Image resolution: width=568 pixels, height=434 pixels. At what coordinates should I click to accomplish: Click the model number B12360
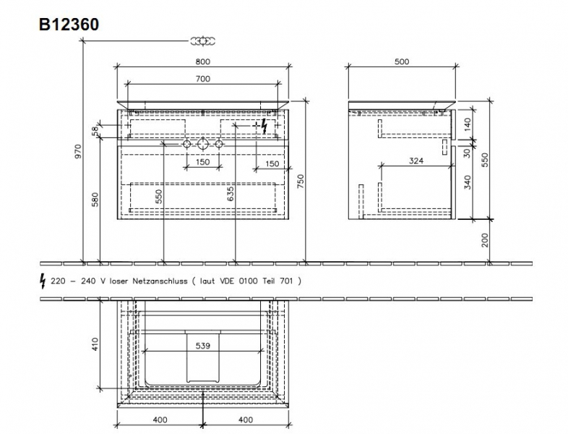[x=69, y=25]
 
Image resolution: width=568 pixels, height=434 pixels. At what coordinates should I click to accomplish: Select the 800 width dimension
[x=203, y=61]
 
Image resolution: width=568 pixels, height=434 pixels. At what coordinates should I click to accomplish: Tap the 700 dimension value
[x=203, y=79]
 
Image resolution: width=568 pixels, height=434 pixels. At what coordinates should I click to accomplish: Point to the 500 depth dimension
[x=402, y=61]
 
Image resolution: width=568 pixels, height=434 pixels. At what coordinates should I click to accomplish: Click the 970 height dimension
[x=78, y=152]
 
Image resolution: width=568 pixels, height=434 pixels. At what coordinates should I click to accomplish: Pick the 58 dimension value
[x=95, y=130]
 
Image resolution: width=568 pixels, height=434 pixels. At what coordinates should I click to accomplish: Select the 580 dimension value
[x=95, y=200]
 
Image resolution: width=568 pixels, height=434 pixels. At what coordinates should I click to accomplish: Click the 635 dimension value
[x=231, y=194]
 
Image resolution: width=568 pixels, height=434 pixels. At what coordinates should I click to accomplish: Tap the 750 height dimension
[x=301, y=182]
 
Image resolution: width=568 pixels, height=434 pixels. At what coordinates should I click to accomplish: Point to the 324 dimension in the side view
[x=416, y=161]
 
